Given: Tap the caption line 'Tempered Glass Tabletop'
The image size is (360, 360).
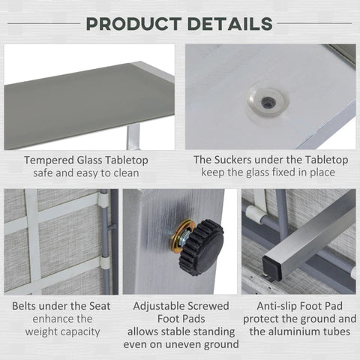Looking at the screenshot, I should pos(85,160).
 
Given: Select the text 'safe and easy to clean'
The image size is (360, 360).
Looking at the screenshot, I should pos(85,173).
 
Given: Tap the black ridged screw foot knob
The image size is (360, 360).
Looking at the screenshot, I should pos(201,247).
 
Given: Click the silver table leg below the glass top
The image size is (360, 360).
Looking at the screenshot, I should pos(133,136).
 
